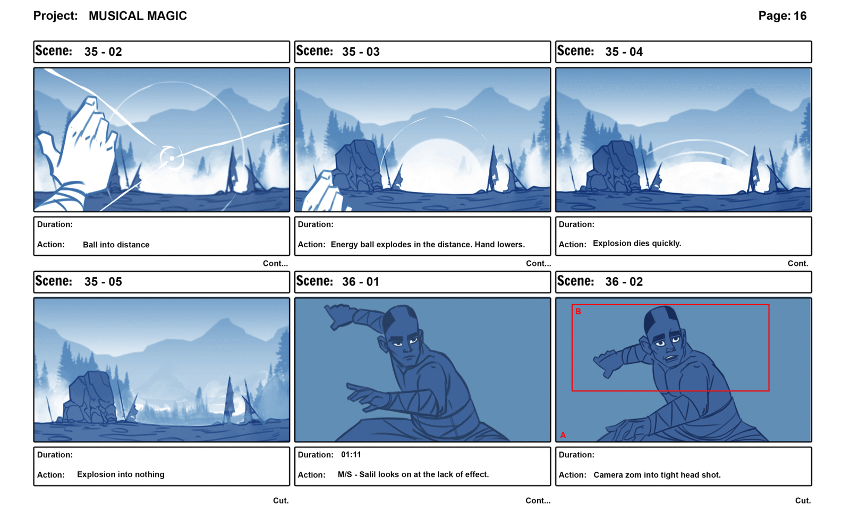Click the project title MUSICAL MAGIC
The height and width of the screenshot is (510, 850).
(138, 16)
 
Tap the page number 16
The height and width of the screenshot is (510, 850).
(800, 16)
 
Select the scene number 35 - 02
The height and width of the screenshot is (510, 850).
(103, 52)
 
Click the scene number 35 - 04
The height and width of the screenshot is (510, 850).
(624, 52)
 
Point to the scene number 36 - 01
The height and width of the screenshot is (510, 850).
(361, 282)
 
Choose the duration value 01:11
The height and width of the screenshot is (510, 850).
(351, 455)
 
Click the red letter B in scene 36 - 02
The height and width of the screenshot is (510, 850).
(579, 312)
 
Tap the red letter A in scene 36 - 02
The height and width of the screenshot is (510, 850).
(563, 435)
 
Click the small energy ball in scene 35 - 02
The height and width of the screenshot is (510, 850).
(172, 158)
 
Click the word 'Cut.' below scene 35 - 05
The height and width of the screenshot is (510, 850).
(281, 500)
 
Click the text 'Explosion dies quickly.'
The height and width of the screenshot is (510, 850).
(637, 244)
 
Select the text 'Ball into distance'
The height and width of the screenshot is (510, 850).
(116, 245)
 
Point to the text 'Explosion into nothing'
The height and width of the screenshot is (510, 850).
(121, 475)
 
